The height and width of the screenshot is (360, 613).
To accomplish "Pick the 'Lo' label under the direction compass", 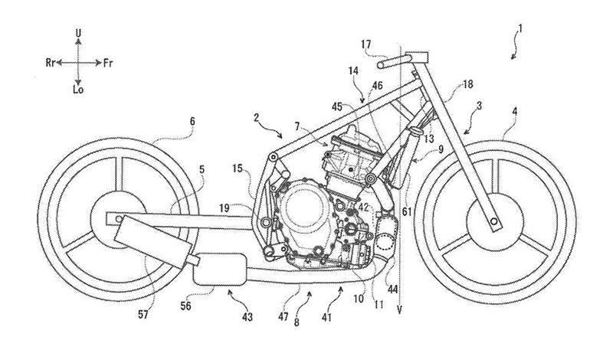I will point(78,90).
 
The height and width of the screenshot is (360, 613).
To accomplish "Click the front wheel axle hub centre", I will point(493,221).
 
